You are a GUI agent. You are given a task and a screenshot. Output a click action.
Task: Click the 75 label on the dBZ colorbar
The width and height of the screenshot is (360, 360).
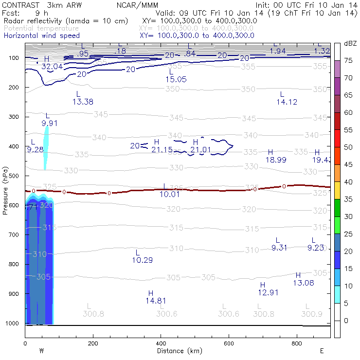pos(348,60)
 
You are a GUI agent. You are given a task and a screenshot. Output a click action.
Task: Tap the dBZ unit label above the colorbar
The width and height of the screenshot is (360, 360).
pos(350,44)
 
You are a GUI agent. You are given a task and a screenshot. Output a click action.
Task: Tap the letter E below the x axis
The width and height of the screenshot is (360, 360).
pos(322,351)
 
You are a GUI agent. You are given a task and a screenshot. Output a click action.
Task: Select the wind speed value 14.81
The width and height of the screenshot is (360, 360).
pos(156,301)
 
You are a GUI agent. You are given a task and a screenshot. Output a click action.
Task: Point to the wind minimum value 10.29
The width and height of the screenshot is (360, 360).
pos(142,260)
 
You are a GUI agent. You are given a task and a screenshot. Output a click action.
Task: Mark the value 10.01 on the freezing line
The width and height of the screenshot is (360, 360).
pos(170,194)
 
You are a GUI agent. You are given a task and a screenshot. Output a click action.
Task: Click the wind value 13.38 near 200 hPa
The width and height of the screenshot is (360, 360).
pos(82,102)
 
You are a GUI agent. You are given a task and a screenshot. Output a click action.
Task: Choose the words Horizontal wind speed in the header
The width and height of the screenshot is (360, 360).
pos(41,36)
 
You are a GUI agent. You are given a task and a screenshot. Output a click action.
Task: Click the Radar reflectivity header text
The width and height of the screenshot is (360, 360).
pos(66,21)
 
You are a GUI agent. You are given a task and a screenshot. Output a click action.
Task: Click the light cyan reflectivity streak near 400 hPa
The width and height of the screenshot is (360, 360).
pos(46,147)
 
